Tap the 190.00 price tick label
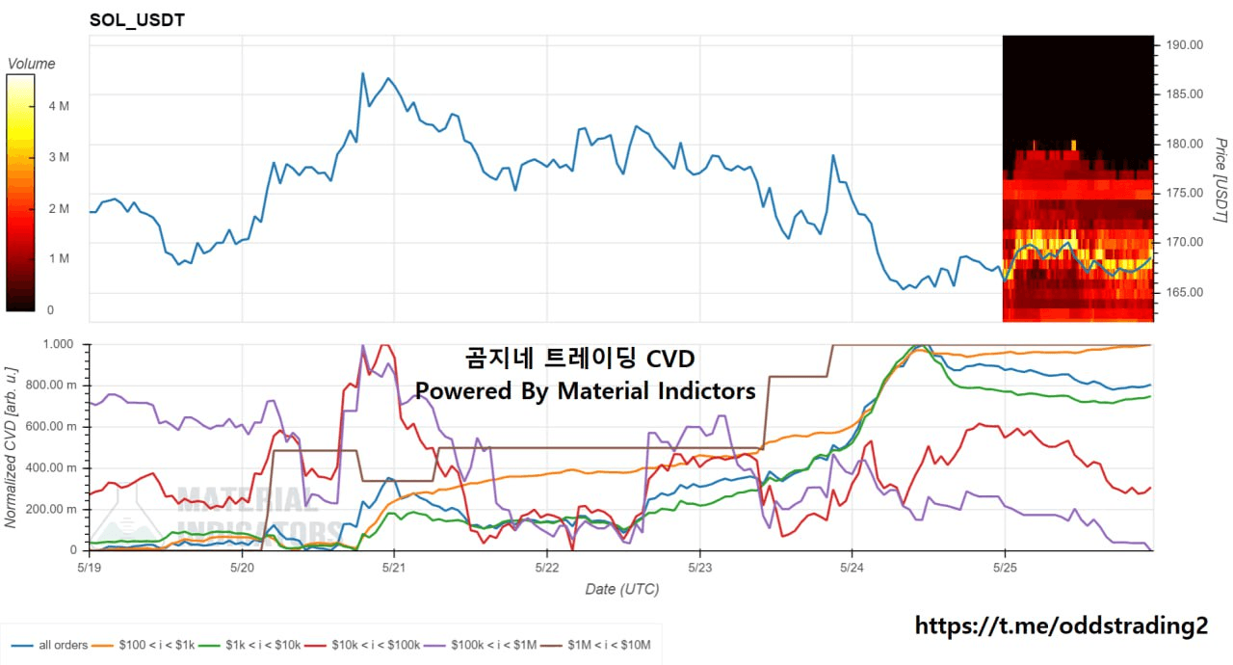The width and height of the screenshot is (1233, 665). point(1184,44)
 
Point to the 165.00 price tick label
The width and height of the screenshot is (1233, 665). point(1184,292)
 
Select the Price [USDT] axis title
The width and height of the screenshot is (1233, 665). point(1219,180)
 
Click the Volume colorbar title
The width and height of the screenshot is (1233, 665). point(31,64)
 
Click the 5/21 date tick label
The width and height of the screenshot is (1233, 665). point(394,567)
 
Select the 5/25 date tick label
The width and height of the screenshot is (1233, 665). point(1004,567)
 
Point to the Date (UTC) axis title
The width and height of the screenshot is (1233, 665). point(621,589)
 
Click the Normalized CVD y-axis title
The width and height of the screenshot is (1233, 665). point(12,446)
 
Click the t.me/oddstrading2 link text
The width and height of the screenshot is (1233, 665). point(1060,625)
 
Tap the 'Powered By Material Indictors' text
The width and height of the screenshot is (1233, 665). point(585,390)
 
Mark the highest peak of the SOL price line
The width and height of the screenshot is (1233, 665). point(362,72)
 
